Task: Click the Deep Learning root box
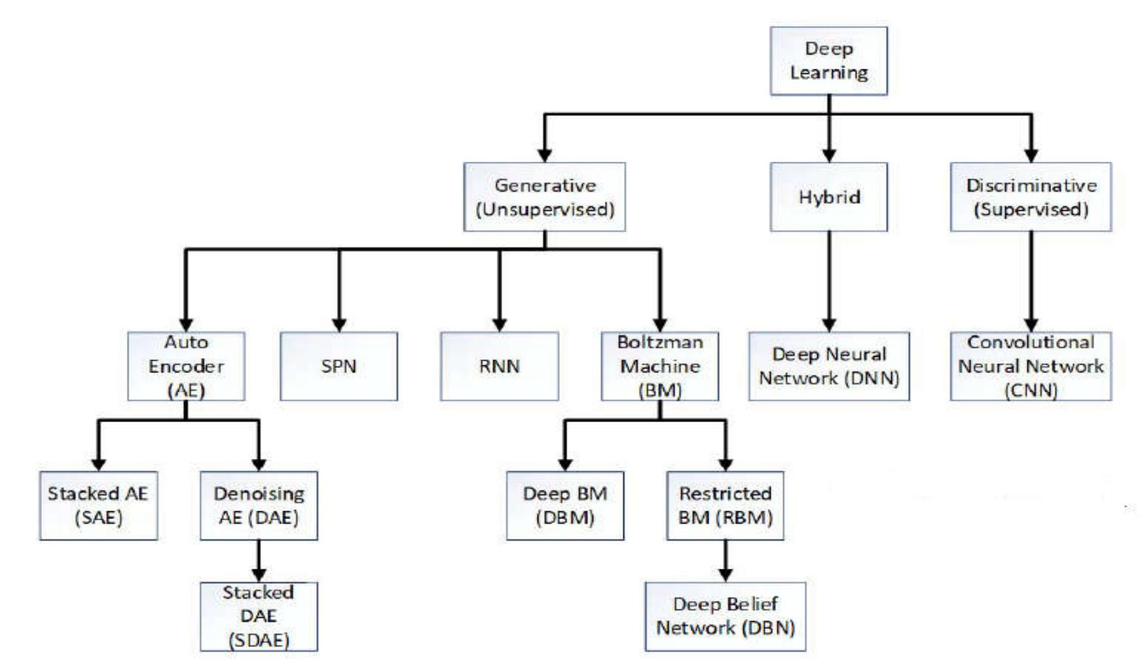[828, 61]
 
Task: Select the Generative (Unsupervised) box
[544, 197]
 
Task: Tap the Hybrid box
[828, 197]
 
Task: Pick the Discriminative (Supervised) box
[1031, 197]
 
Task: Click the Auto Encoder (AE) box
[186, 366]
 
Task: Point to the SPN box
[339, 366]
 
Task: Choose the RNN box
[499, 366]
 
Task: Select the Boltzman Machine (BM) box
[659, 366]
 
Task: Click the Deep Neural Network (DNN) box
[829, 366]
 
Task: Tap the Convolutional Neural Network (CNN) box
[1031, 366]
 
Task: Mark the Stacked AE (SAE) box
[98, 505]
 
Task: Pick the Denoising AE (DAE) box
[259, 505]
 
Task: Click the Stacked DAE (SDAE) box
[259, 617]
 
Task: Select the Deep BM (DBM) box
[564, 505]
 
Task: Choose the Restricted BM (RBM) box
[725, 505]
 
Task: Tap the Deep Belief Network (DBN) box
[725, 617]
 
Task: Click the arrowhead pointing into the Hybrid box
[829, 155]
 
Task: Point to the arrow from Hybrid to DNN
[829, 281]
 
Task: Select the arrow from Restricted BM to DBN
[725, 561]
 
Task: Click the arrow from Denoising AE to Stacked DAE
[259, 561]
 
